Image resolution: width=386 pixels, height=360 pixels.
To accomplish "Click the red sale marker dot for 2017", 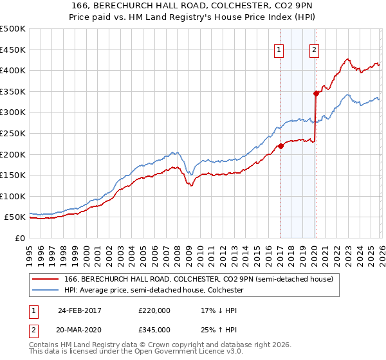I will [280, 146].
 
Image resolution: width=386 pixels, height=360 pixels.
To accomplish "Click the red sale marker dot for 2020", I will [316, 93].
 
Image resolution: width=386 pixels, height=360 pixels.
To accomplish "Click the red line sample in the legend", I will [46, 280].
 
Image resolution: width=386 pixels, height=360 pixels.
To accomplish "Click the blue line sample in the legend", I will [46, 291].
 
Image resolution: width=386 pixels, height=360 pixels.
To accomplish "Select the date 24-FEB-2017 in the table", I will [80, 310].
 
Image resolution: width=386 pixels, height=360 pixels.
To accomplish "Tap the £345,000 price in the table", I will [154, 330].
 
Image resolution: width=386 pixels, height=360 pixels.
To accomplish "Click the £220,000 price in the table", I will [154, 310].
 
